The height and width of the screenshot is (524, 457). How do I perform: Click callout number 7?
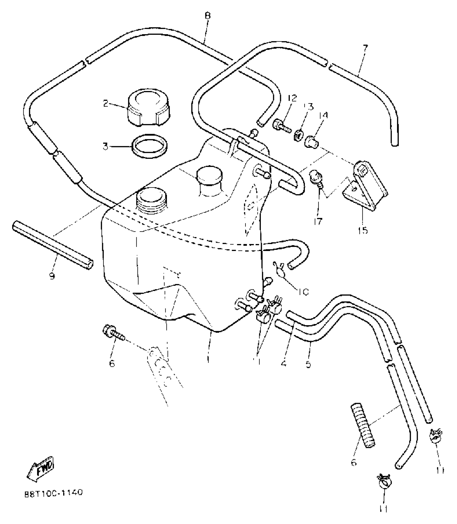365,49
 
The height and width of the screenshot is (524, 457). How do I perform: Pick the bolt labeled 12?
282,127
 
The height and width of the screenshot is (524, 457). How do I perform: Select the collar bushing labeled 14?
312,142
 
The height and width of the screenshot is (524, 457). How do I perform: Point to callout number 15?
363,231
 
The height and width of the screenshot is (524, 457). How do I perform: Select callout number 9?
52,276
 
